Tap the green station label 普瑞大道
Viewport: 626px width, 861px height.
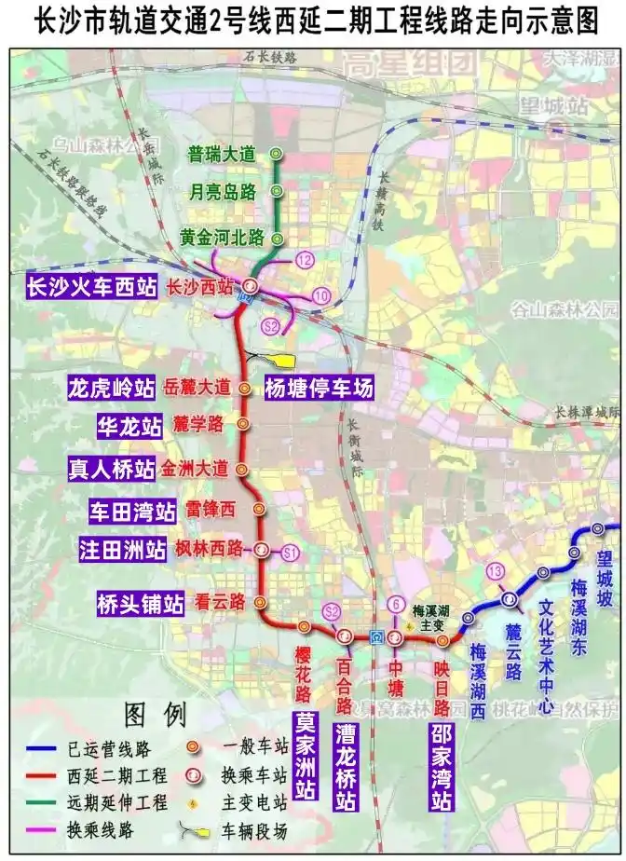pyautogui.click(x=221, y=154)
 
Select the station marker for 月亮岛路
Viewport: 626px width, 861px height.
pyautogui.click(x=276, y=191)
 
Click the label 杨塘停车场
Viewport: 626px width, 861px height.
pyautogui.click(x=318, y=389)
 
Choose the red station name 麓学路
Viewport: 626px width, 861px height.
pyautogui.click(x=198, y=425)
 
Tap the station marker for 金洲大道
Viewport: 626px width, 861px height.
pyautogui.click(x=242, y=470)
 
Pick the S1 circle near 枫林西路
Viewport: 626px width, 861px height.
pyautogui.click(x=290, y=552)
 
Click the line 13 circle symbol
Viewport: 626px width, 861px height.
pyautogui.click(x=495, y=570)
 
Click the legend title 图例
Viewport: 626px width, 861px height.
pyautogui.click(x=156, y=714)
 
